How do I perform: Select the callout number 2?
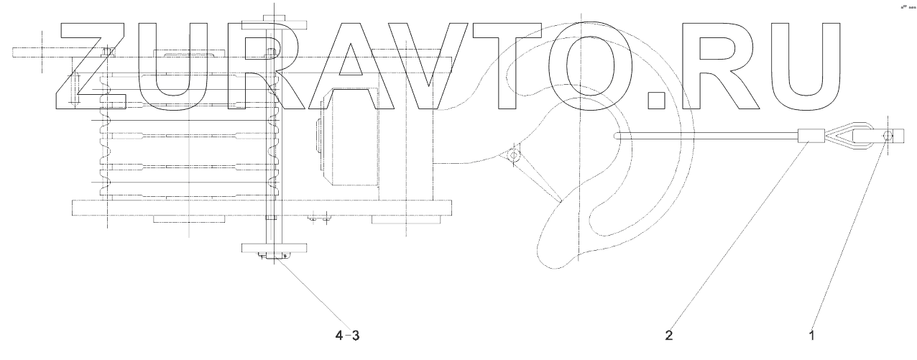668,334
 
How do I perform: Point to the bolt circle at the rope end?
887,135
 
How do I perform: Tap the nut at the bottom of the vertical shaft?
276,256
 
